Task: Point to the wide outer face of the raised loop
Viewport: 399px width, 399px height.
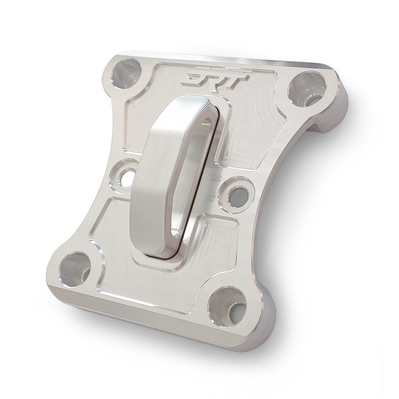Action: pos(150,190)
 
